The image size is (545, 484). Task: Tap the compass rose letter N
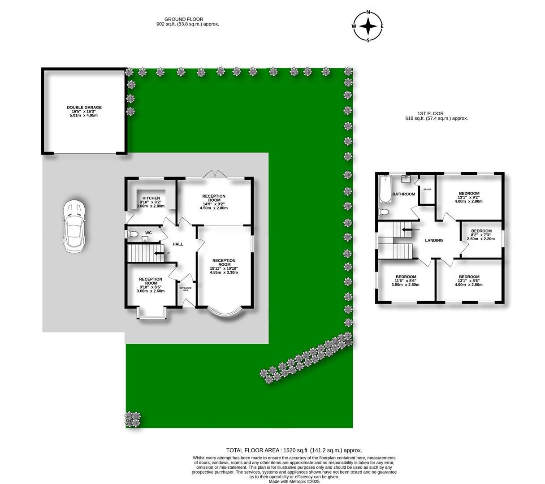(x=368, y=12)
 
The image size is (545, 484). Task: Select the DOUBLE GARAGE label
(x=84, y=108)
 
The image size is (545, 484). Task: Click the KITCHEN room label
(x=151, y=198)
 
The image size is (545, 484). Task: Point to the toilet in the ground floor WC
(x=133, y=233)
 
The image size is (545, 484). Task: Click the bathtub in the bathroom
(x=385, y=189)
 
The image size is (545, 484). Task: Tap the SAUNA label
(x=427, y=190)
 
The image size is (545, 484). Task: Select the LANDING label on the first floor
(x=434, y=240)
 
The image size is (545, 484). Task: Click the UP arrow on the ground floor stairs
(x=159, y=253)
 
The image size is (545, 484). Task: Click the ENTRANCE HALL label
(x=186, y=289)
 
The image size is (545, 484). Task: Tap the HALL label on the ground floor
(x=178, y=244)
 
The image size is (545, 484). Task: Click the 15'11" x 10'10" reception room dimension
(x=224, y=268)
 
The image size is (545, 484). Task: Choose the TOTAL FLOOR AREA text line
(x=294, y=450)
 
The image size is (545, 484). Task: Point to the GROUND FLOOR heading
(x=184, y=19)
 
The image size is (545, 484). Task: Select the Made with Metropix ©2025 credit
(x=294, y=481)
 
